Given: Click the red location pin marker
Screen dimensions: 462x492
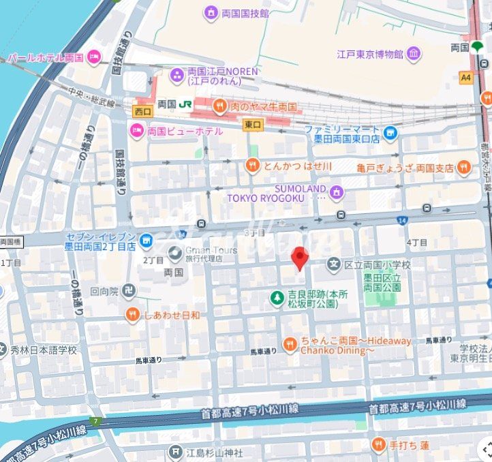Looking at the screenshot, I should (300, 258).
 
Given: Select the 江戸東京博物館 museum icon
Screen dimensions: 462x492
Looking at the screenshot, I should (414, 53).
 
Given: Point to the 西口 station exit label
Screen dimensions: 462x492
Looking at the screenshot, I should (142, 110).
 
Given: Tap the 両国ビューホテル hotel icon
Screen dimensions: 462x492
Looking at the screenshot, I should (136, 130).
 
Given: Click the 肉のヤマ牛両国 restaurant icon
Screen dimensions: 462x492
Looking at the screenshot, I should (219, 106).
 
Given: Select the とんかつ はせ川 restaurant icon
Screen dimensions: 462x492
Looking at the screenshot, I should (252, 165).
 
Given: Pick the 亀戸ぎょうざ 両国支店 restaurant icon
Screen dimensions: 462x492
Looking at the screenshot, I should (464, 166).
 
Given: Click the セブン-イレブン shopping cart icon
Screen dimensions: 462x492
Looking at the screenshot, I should (146, 241).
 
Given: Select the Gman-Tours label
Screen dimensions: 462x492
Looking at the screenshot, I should (211, 250).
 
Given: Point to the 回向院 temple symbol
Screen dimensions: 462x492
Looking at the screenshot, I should (130, 291).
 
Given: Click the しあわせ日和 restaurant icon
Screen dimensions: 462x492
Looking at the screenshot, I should (133, 314).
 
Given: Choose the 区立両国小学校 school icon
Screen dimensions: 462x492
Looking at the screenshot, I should (333, 264).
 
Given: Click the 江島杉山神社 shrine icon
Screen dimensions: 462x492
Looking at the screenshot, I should (176, 452).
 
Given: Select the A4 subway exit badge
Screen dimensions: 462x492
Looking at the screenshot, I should (466, 78).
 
